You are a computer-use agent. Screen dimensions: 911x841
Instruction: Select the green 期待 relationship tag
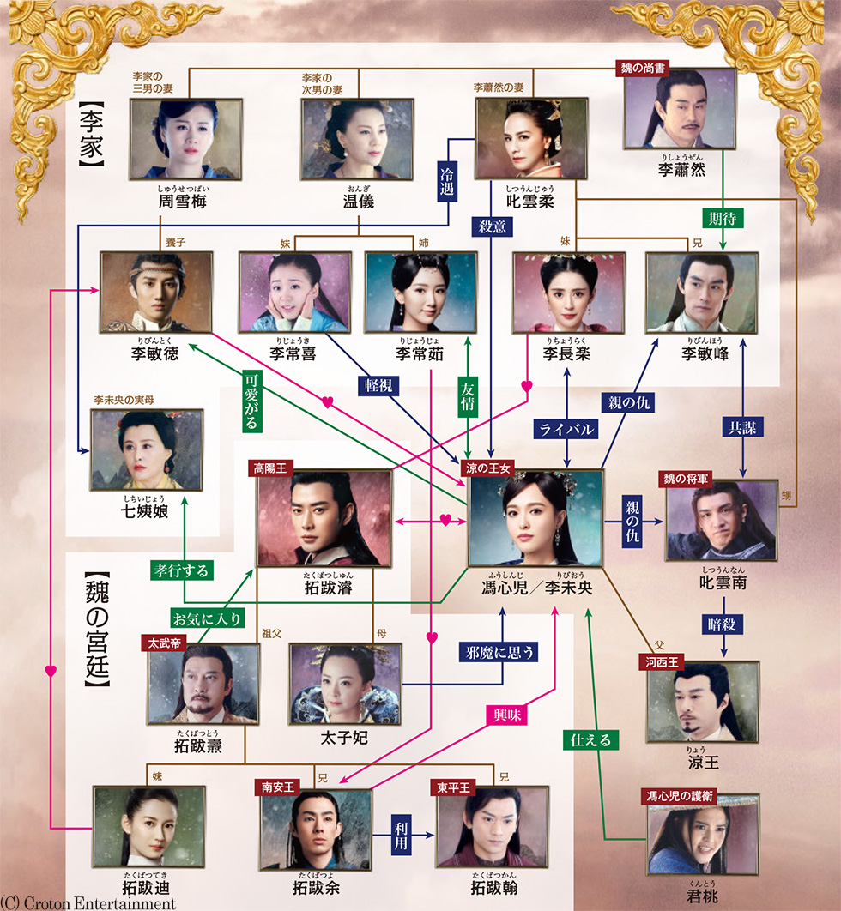(x=722, y=218)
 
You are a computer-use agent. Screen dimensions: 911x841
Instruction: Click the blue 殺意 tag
(x=490, y=226)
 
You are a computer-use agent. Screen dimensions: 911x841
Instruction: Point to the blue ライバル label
(x=565, y=431)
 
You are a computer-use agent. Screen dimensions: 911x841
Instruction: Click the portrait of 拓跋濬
(x=324, y=521)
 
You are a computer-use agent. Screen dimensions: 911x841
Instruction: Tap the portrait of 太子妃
(x=345, y=683)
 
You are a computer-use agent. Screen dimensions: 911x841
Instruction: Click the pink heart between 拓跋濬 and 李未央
(x=446, y=520)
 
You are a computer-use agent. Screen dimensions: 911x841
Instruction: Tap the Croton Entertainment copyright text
(x=88, y=903)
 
